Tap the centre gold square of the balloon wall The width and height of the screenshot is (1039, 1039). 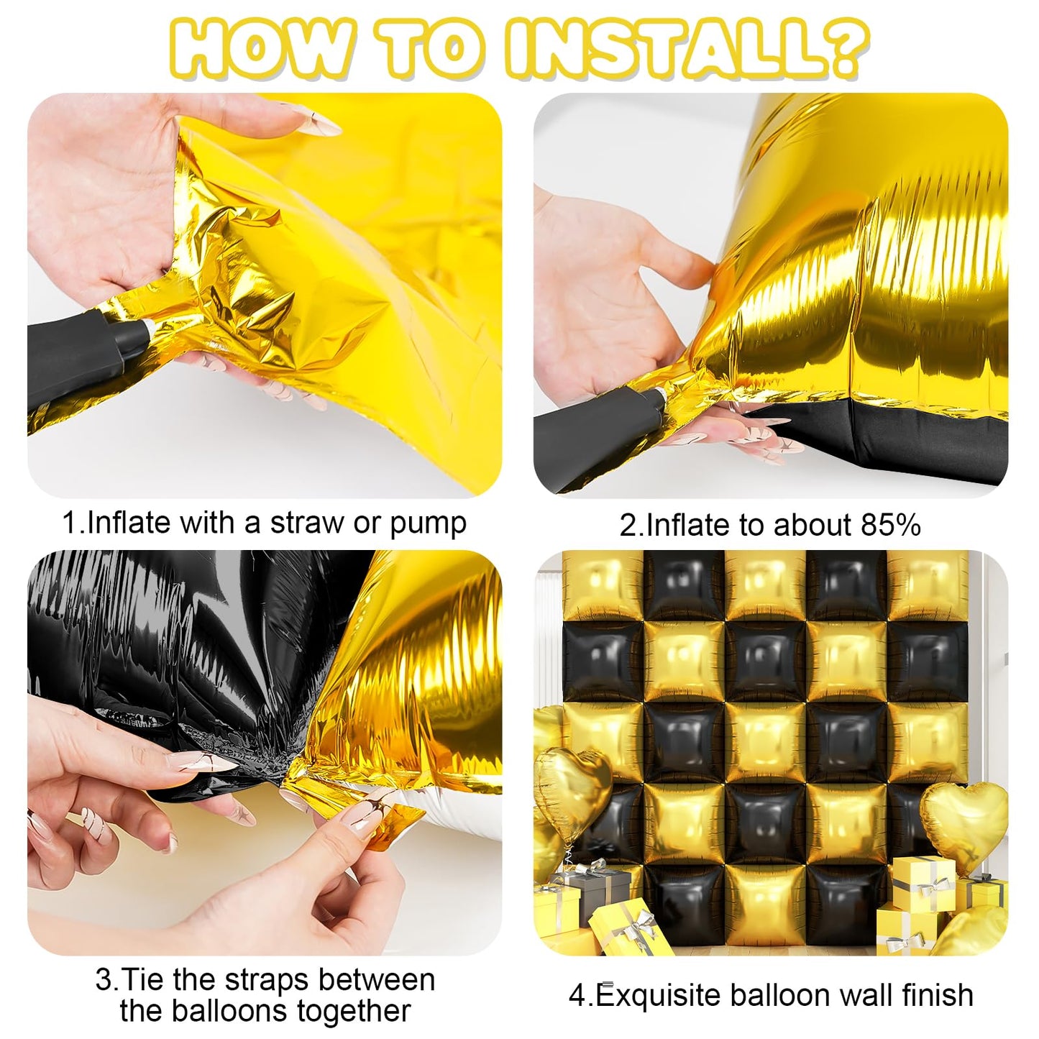(765, 741)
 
